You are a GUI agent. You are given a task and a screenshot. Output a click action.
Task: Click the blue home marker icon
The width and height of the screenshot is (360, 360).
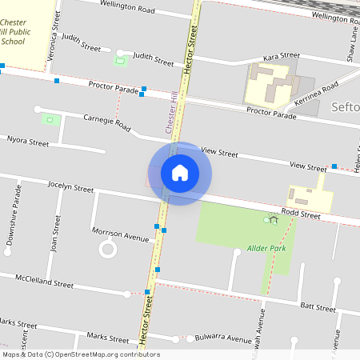[x=179, y=173]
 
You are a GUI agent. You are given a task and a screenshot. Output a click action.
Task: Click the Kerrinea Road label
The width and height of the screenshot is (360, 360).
[x=316, y=94]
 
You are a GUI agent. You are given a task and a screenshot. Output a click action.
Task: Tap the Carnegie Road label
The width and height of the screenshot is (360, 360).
[x=106, y=122]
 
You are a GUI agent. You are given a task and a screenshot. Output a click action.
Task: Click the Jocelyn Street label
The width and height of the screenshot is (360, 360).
[x=70, y=189]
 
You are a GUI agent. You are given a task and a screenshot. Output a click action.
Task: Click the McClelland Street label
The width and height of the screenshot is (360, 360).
[x=45, y=281]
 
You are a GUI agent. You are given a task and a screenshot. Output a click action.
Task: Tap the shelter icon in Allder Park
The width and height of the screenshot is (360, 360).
[x=273, y=220]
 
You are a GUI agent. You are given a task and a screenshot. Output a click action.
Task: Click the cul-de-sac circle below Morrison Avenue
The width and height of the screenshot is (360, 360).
[x=107, y=250]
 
